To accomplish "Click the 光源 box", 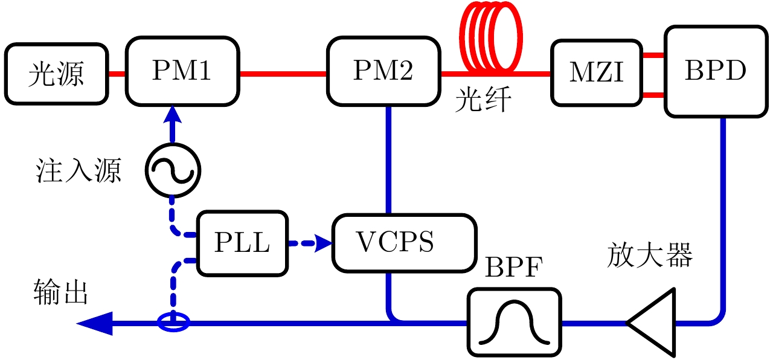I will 56,74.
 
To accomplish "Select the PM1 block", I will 182,71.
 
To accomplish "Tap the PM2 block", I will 383,71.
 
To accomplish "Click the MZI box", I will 596,74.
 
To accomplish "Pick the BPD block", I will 716,71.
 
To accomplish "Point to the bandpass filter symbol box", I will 514,322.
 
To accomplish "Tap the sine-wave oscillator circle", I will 172,172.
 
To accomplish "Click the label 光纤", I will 483,101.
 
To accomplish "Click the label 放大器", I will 649,256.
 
